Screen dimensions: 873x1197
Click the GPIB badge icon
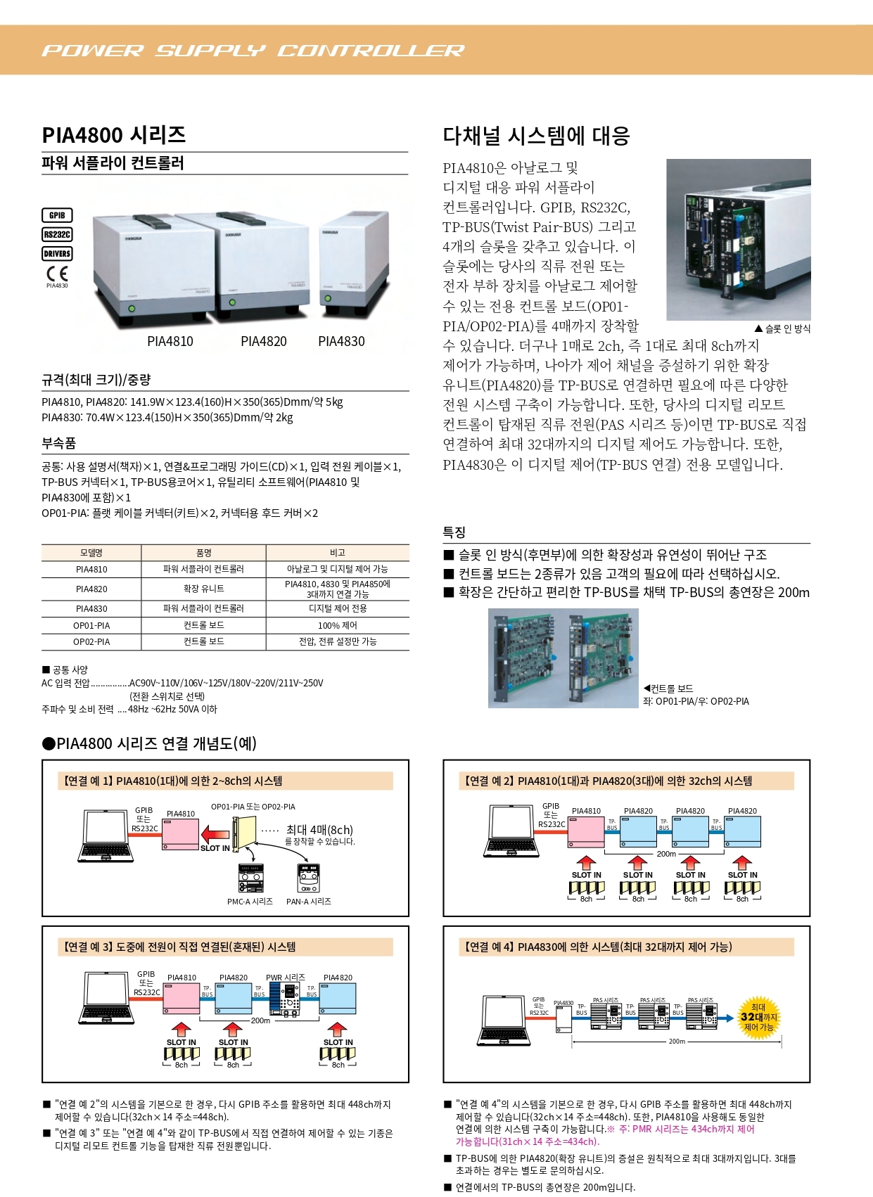click(57, 215)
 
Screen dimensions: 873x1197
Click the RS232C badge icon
click(57, 235)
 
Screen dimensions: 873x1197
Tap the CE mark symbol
click(57, 273)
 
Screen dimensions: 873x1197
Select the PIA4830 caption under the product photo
click(341, 342)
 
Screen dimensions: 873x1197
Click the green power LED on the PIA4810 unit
click(131, 309)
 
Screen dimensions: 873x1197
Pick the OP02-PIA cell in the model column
click(91, 641)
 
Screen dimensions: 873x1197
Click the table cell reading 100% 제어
click(338, 625)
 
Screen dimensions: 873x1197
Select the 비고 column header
click(338, 553)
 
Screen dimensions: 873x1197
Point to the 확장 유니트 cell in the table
click(203, 589)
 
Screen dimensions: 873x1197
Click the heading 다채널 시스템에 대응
click(536, 136)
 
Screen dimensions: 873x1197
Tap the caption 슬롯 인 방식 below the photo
click(782, 328)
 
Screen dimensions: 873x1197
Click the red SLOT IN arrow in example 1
click(215, 835)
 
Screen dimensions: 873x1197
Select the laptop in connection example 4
click(504, 1020)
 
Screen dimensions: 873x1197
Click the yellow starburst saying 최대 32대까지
click(758, 1017)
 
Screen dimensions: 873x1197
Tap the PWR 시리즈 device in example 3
click(291, 999)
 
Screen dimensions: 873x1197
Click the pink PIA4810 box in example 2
click(586, 831)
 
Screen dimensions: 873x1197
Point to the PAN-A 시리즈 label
click(308, 902)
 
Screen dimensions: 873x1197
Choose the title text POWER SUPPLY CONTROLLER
click(253, 51)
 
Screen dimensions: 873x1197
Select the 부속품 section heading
click(59, 443)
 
